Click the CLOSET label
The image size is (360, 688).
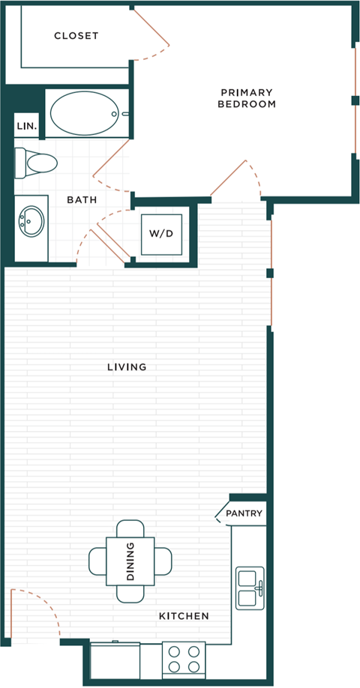pos(76,36)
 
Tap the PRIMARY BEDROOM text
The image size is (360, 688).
pos(246,98)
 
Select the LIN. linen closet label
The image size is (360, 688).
pos(26,127)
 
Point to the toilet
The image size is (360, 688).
pos(36,162)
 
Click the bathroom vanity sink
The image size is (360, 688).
pos(31,222)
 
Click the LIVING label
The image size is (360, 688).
pos(126,367)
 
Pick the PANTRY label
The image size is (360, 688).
pos(244,513)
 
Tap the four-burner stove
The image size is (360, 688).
pos(184,659)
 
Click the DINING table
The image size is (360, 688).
pos(130,561)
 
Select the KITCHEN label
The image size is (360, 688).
pos(183,616)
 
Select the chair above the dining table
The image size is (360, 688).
pos(130,528)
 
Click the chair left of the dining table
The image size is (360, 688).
pos(97,561)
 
